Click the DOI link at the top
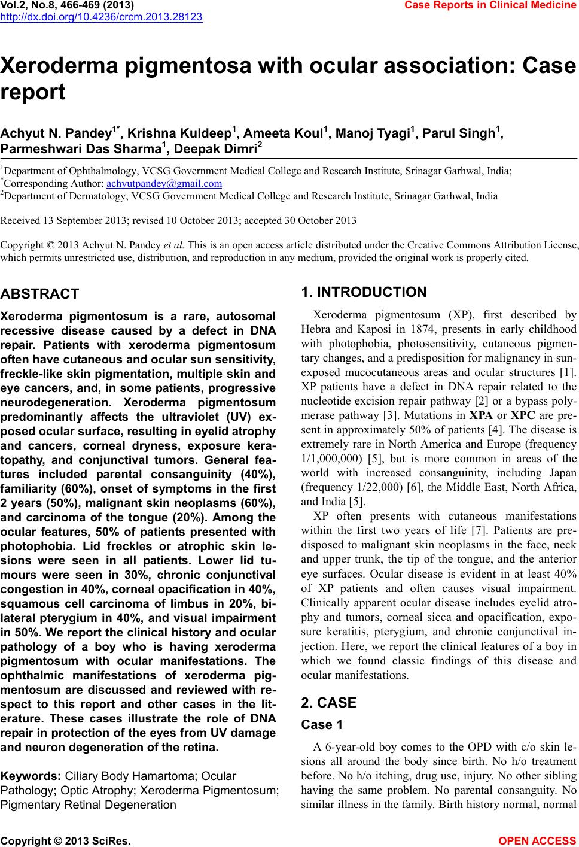tap(101, 17)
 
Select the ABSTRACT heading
tap(40, 294)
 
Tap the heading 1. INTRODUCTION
tap(364, 292)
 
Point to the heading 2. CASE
tap(329, 703)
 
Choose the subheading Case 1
tap(322, 725)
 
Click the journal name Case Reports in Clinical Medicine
tap(490, 5)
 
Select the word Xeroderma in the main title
tap(62, 65)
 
